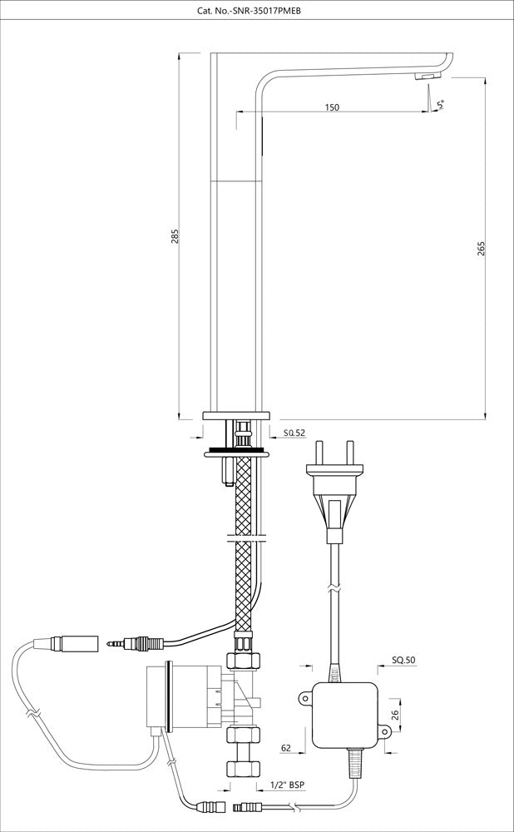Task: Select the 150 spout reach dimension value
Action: (x=332, y=107)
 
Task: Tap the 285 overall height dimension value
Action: (x=175, y=237)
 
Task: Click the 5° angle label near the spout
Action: (x=442, y=105)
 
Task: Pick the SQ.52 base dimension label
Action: (x=294, y=433)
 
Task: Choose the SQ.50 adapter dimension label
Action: (x=403, y=661)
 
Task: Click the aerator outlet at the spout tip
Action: (x=425, y=77)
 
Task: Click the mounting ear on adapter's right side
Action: (x=383, y=732)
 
